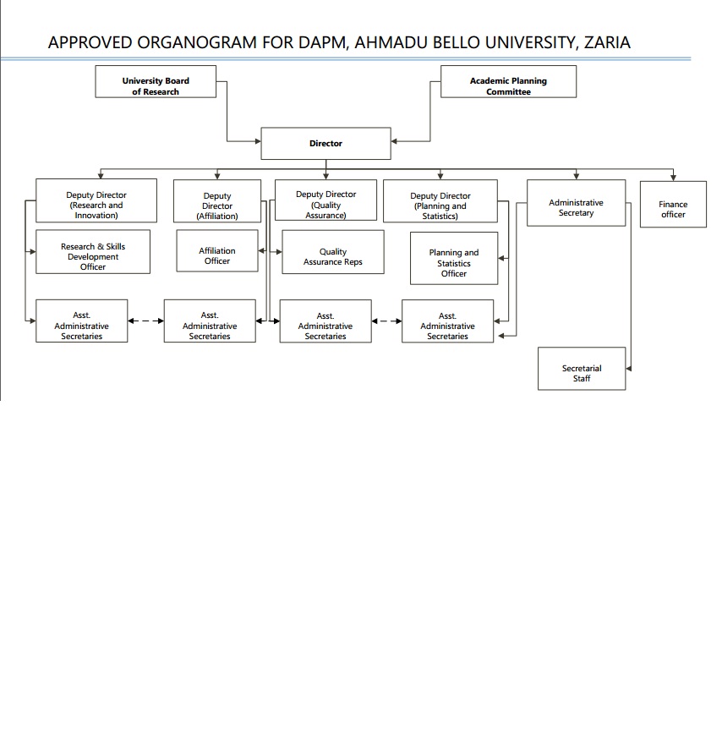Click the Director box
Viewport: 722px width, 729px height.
click(x=325, y=143)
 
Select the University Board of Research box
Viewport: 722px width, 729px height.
click(x=156, y=81)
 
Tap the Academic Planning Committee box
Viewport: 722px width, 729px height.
click(x=509, y=81)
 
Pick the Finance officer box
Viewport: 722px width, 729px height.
click(x=673, y=204)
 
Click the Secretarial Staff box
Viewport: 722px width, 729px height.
click(x=582, y=369)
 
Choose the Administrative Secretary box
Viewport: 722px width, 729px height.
click(x=576, y=203)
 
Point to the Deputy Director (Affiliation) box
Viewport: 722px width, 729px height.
click(x=217, y=200)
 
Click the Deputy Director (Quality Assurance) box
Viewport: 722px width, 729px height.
click(x=325, y=200)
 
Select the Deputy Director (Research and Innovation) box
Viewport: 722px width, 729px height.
click(x=96, y=200)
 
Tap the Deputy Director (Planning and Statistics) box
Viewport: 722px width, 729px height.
click(x=440, y=200)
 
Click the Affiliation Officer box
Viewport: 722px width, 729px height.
click(x=217, y=250)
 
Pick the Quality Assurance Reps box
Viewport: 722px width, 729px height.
click(x=333, y=252)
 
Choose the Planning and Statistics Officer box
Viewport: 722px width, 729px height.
click(x=454, y=258)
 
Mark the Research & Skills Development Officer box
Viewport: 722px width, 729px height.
click(x=93, y=251)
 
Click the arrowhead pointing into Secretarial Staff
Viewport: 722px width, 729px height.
click(x=628, y=369)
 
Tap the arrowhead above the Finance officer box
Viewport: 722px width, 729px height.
click(x=673, y=178)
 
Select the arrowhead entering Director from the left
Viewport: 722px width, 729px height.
click(x=258, y=141)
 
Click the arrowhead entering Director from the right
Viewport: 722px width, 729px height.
click(x=394, y=141)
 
